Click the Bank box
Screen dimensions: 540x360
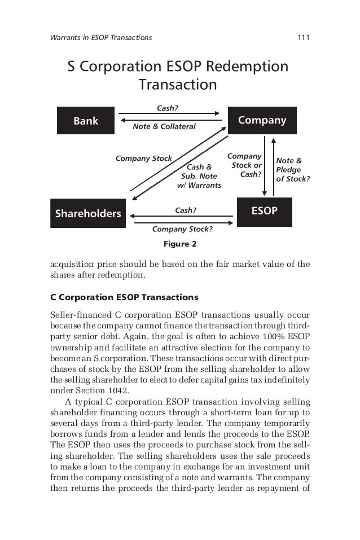[86, 121]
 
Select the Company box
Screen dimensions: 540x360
[262, 120]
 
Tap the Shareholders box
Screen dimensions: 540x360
[88, 213]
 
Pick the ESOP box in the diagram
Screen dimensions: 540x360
[264, 211]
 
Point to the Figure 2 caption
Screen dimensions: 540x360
[179, 244]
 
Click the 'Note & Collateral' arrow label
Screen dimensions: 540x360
[164, 126]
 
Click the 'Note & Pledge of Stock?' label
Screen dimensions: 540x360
[292, 170]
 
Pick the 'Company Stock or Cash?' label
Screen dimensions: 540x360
[246, 165]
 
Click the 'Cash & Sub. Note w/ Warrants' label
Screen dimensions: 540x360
[199, 176]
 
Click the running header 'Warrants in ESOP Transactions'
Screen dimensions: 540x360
[101, 38]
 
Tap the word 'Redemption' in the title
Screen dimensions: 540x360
[247, 67]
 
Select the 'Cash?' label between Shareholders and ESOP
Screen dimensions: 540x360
[185, 210]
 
